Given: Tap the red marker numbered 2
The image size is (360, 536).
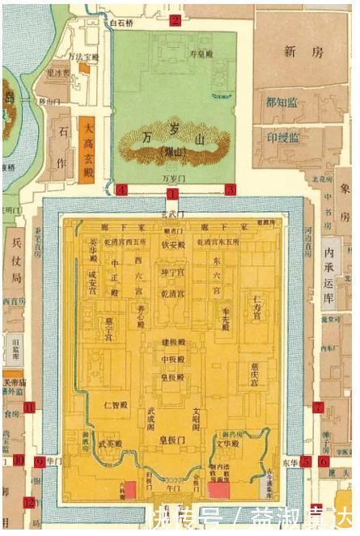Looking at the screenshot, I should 174,21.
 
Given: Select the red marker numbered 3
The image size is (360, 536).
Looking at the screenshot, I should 231,189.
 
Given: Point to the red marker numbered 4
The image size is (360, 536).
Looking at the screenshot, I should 122,189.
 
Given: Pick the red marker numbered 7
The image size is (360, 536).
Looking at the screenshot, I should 318,407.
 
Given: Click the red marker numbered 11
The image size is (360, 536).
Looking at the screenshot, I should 30,407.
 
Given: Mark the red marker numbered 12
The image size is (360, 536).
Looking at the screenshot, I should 30,502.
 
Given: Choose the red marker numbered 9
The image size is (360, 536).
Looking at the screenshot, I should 39,462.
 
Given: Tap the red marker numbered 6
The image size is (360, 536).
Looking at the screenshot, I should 323,462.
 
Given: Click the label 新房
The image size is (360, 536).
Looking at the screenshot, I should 303,52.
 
